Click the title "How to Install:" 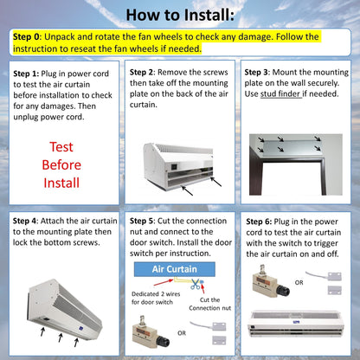click(x=179, y=15)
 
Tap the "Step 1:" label click(x=31, y=74)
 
